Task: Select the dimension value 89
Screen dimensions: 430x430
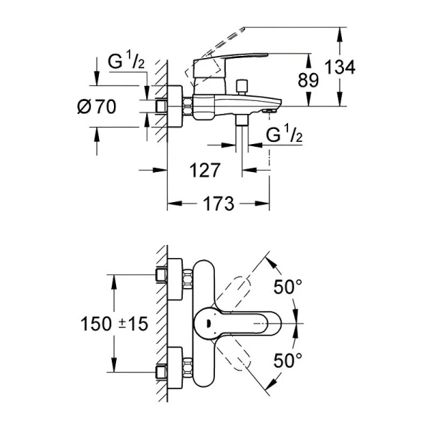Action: [x=309, y=80]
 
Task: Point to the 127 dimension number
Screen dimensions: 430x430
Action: [x=206, y=170]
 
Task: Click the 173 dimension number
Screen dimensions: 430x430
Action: [x=219, y=204]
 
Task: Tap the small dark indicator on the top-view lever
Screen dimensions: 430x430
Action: [x=207, y=324]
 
